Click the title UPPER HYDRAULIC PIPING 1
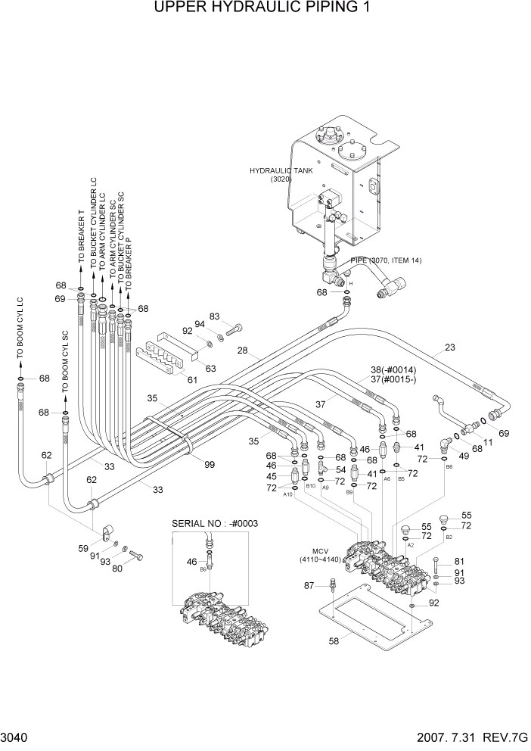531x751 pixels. (x=265, y=8)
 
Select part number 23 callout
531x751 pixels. (x=449, y=349)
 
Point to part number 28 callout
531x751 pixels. (x=243, y=351)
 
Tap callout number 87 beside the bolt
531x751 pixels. (x=309, y=586)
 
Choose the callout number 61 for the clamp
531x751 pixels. (x=191, y=381)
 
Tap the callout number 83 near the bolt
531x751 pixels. (x=214, y=316)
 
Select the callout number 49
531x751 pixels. (x=464, y=455)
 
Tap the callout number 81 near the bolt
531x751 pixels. (x=458, y=562)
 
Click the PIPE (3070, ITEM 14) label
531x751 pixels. (x=386, y=260)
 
